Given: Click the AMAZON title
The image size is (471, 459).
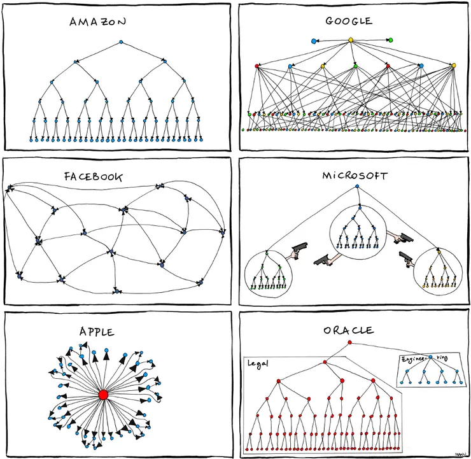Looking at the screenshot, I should click(98, 22).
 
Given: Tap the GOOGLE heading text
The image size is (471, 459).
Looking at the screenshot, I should click(348, 21).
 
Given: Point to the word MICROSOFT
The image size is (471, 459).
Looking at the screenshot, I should click(355, 175).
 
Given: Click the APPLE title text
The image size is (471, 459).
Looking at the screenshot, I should click(97, 332).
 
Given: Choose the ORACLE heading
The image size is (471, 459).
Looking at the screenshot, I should click(348, 330).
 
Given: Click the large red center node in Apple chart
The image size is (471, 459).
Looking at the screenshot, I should click(103, 395).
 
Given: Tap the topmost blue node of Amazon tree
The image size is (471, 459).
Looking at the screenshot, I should click(121, 43).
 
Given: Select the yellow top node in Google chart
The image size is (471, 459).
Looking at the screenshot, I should click(350, 40).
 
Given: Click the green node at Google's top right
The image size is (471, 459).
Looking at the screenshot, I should click(390, 40).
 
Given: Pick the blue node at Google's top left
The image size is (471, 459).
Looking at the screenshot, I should click(313, 41).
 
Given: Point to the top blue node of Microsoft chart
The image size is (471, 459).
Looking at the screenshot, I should click(358, 187).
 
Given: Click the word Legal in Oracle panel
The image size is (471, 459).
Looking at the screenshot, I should click(258, 364).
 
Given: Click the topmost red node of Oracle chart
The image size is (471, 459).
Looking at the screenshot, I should click(349, 343).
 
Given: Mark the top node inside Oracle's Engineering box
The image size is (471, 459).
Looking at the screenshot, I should click(430, 358).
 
